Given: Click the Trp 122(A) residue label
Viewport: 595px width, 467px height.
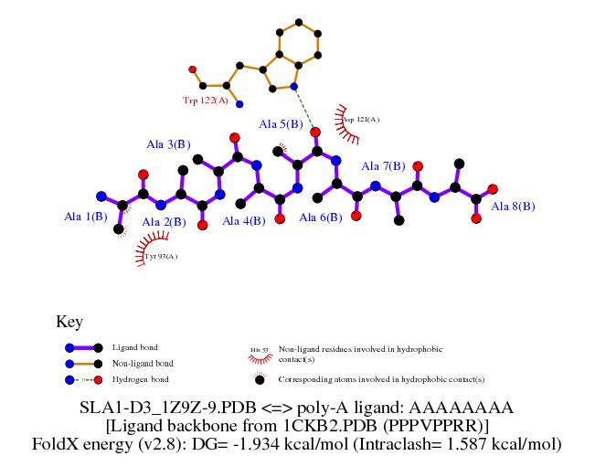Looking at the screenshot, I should click(205, 101).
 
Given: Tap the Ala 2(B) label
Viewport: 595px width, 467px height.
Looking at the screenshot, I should click(165, 221).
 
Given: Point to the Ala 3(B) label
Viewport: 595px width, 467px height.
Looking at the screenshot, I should click(168, 144).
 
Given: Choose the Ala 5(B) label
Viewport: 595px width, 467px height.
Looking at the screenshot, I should click(282, 123).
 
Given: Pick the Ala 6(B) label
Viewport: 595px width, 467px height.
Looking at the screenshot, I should click(321, 218).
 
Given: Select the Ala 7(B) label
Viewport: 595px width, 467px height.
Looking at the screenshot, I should click(383, 166).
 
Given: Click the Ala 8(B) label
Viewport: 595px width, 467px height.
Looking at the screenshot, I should click(513, 207).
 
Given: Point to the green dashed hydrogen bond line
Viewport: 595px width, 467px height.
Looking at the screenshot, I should click(305, 109).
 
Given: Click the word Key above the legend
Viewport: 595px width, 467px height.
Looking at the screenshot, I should click(69, 322).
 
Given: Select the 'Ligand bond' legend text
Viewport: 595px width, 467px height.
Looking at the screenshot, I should click(134, 348).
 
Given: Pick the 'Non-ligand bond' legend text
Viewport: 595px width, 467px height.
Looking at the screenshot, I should click(142, 364).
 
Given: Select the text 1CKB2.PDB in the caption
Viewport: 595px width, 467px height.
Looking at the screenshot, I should click(336, 426).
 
